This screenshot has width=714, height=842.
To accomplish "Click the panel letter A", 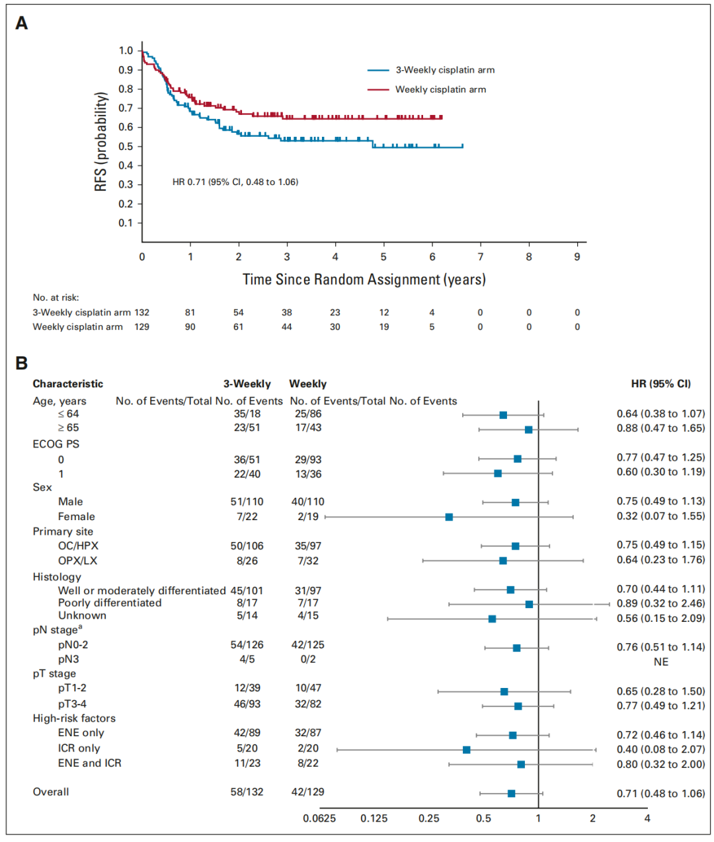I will point(22,23).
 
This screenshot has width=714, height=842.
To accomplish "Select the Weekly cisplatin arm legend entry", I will point(440,89).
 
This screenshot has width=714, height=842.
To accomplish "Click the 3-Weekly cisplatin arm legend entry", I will point(445,70).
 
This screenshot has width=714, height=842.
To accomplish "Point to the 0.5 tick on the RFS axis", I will point(126,147).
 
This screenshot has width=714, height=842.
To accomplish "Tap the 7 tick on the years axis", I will point(481,256).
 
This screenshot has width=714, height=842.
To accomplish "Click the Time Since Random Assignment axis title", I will point(364,280).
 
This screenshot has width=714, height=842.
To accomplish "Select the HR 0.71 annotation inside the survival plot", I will point(235,182).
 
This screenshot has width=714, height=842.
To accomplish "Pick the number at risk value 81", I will point(190,313).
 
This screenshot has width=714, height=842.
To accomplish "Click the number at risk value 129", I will point(142,327).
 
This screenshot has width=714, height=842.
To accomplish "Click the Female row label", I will point(77,517).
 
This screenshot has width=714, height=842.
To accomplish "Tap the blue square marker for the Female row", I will point(449,517).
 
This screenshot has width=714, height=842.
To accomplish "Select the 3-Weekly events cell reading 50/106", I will point(247,546).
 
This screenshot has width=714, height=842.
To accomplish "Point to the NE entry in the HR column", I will point(660,662).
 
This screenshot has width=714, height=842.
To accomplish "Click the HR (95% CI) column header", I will point(660,384).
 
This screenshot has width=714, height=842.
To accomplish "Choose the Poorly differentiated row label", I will point(110,603).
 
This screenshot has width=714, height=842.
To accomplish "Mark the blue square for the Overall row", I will point(511,793).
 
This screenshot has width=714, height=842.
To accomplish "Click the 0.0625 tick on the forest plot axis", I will point(319,818).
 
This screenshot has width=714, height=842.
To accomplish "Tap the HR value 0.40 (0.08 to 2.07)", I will point(660,749).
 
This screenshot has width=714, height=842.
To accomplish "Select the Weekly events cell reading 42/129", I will point(308,792).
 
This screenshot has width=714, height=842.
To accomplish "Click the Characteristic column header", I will point(68,384).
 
